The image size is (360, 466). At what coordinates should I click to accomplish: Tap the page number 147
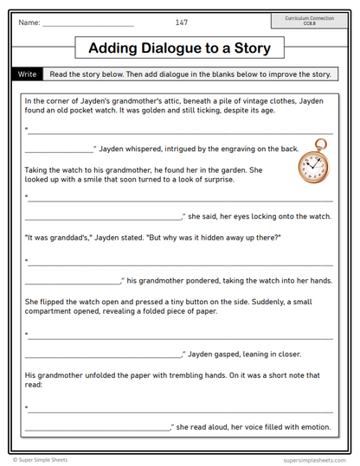[x=181, y=22]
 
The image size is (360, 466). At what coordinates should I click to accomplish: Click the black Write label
[x=27, y=74]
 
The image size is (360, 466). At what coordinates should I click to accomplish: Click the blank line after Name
[x=88, y=23]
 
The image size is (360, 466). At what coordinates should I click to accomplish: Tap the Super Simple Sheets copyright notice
[x=40, y=460]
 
